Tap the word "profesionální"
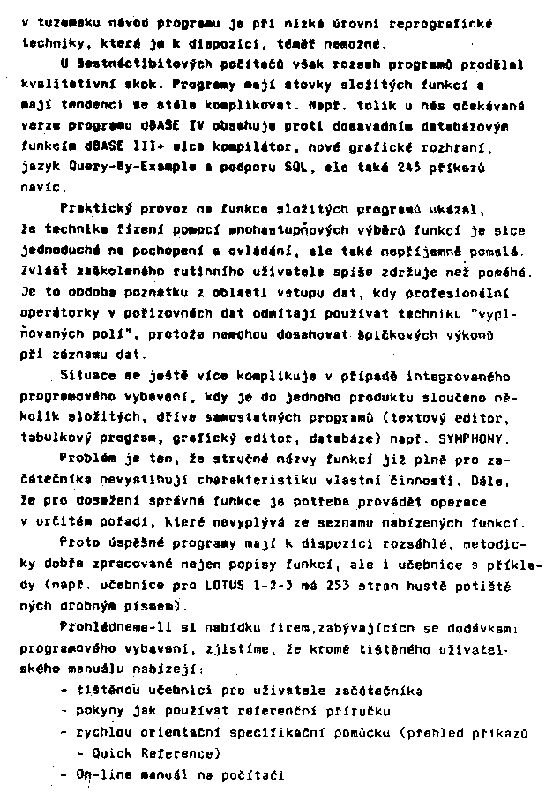pyautogui.click(x=487, y=290)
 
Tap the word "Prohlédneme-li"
pyautogui.click(x=111, y=627)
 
